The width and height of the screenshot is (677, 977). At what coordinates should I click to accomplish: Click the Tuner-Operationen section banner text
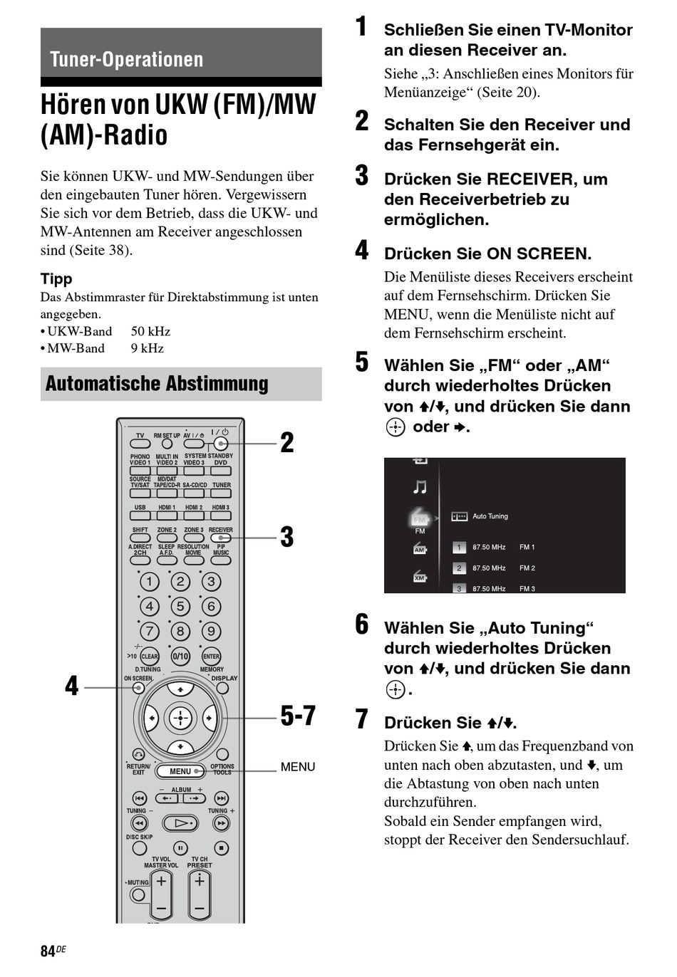tap(127, 59)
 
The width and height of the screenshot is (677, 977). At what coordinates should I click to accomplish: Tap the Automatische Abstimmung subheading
tap(157, 384)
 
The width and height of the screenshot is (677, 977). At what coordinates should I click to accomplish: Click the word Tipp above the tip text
tap(56, 278)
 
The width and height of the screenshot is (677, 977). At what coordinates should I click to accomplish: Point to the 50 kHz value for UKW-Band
tap(150, 331)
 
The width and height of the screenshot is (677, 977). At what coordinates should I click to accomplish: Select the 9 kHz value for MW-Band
tap(147, 348)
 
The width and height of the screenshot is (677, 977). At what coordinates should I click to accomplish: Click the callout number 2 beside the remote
tap(286, 443)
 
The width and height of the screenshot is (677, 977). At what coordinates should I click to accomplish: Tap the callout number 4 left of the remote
tap(72, 686)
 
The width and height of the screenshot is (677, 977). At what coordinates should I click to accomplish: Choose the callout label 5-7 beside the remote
tap(297, 716)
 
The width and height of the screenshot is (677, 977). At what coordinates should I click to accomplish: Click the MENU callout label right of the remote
tap(297, 767)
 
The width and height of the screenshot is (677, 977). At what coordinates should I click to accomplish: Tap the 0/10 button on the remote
tap(180, 657)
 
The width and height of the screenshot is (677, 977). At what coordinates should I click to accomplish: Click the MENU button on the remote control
tap(180, 771)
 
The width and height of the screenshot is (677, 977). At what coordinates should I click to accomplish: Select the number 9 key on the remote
tap(211, 631)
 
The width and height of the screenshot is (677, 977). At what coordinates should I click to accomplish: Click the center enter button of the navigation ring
tap(180, 718)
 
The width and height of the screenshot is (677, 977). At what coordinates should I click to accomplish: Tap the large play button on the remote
tap(180, 823)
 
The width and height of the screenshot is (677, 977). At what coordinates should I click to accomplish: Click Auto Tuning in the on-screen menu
tap(490, 516)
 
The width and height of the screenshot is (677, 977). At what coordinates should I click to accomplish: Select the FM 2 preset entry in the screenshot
tap(527, 568)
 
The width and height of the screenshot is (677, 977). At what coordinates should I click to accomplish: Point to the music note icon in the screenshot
tap(420, 487)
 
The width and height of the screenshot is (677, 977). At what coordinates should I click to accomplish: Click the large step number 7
tap(362, 719)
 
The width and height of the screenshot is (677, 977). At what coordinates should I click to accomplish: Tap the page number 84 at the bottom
tap(48, 951)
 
